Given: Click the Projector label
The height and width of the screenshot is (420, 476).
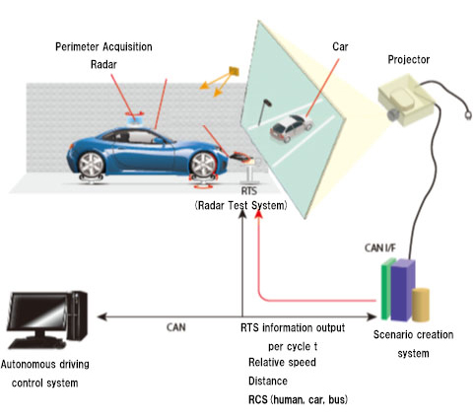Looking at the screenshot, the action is click(x=409, y=60).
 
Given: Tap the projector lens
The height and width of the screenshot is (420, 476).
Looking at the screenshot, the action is click(x=393, y=115).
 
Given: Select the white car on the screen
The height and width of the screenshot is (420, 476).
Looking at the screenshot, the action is click(x=291, y=128).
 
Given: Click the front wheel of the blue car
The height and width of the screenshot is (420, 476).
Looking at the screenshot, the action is click(x=204, y=165).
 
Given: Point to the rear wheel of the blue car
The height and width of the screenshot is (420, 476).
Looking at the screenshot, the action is click(x=92, y=165).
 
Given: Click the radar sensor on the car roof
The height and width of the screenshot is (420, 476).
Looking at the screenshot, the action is click(x=135, y=118).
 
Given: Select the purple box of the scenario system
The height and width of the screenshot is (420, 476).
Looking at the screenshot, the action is click(x=402, y=290).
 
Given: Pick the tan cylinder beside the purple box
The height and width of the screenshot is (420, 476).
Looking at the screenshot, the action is click(x=421, y=305).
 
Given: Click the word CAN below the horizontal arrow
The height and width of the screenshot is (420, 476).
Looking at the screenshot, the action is click(x=176, y=327).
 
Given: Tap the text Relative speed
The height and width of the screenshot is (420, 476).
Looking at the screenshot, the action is click(x=282, y=362).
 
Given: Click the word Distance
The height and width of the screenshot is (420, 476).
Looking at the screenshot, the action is click(x=268, y=381).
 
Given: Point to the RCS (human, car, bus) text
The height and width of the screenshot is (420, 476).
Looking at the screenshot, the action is click(x=298, y=399).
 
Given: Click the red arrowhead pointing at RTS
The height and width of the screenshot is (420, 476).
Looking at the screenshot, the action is click(x=259, y=214).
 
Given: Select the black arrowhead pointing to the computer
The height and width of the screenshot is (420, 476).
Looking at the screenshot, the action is click(x=102, y=316).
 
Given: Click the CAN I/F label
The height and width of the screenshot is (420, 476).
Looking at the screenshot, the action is click(x=380, y=248).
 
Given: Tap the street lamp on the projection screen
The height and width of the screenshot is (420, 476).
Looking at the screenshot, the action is click(x=265, y=111).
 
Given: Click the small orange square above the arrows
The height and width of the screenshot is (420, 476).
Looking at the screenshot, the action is click(x=234, y=71).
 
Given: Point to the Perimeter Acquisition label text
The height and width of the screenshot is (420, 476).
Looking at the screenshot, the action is click(x=103, y=47).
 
